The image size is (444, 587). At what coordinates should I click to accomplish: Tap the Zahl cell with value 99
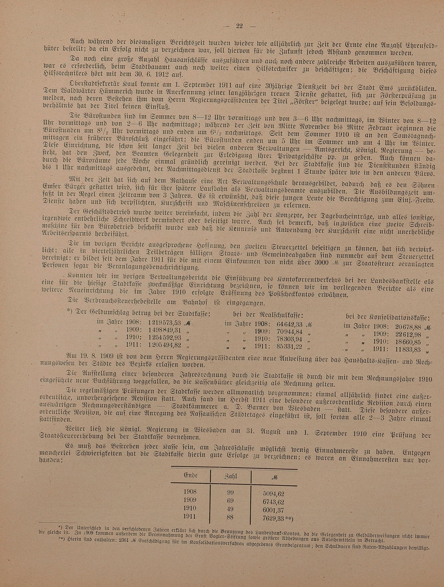230,492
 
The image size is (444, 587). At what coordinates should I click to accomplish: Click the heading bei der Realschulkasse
268,315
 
